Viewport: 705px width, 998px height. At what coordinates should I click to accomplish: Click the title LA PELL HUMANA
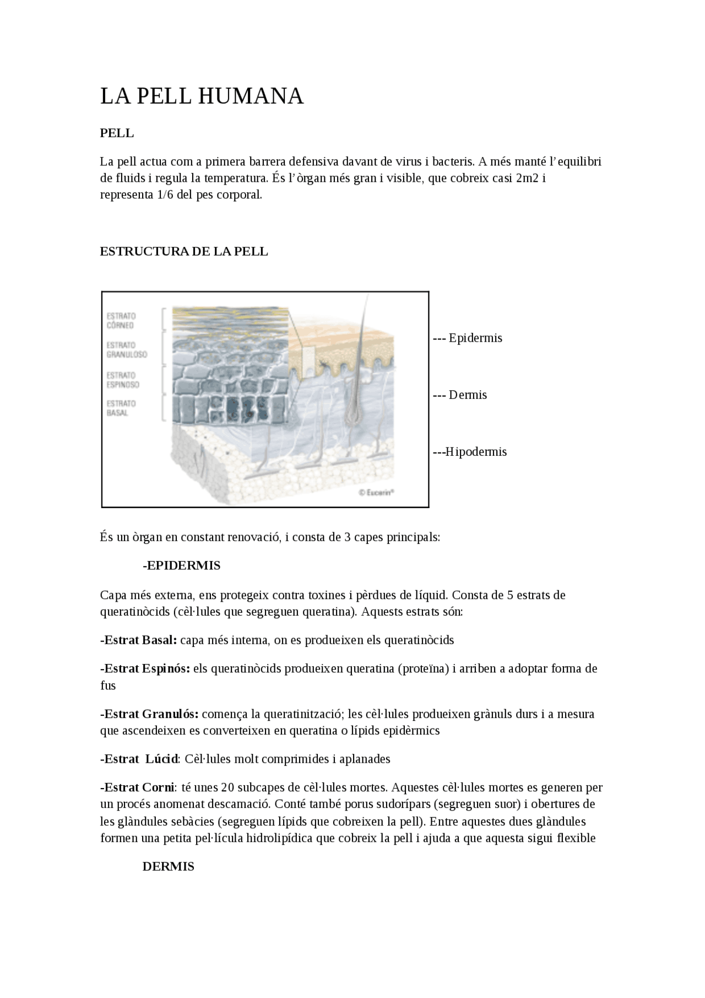tap(202, 96)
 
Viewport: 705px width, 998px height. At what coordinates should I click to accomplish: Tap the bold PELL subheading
tap(117, 133)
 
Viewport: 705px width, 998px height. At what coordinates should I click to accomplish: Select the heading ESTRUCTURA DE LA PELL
tap(183, 251)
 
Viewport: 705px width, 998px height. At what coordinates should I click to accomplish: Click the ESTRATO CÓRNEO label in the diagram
tap(121, 321)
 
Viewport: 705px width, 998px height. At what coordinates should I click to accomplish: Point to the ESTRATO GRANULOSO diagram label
tap(127, 350)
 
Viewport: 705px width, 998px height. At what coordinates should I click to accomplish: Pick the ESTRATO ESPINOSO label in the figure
tap(123, 380)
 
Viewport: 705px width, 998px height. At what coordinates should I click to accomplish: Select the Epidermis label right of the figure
tap(475, 338)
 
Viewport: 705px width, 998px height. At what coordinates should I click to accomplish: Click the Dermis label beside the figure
tap(467, 395)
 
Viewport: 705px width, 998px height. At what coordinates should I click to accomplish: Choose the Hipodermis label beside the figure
tap(475, 452)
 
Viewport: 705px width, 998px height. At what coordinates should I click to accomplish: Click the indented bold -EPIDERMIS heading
tap(181, 565)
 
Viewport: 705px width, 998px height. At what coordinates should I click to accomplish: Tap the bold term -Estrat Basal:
tap(138, 640)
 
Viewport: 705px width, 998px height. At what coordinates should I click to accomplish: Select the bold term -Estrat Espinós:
tap(145, 668)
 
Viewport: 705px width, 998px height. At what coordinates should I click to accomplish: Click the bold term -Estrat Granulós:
tap(149, 714)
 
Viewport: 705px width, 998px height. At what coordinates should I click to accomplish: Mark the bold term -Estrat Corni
tap(137, 787)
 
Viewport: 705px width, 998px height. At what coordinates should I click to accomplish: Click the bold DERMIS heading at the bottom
tap(168, 866)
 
